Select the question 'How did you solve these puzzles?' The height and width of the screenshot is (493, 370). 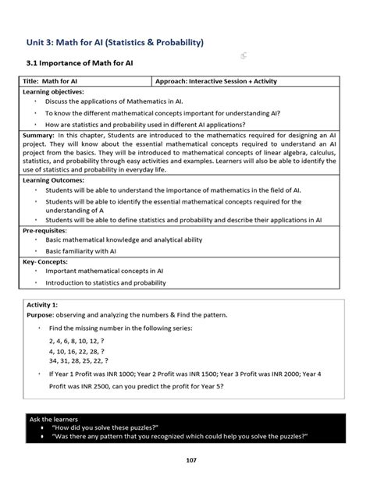pyautogui.click(x=105, y=428)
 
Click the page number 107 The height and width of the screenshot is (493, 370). pyautogui.click(x=191, y=460)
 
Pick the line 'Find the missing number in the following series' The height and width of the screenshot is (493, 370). pyautogui.click(x=120, y=328)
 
